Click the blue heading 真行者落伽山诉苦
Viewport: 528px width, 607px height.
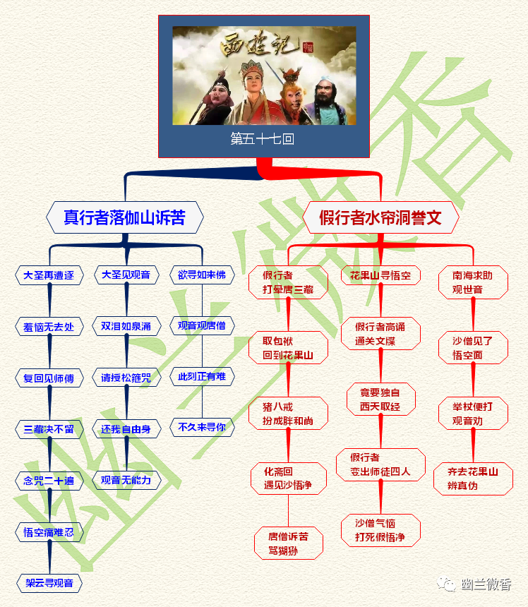[125, 217]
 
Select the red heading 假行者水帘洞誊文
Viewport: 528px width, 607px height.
[380, 217]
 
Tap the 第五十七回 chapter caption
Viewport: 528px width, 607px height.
[263, 139]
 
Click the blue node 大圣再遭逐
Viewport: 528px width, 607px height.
[49, 275]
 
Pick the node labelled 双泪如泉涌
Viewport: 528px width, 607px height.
[126, 327]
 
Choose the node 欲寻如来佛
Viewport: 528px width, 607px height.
[202, 275]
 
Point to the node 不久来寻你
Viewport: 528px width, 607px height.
[202, 427]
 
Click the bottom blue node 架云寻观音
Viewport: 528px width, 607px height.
[49, 583]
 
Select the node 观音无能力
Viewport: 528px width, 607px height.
[126, 480]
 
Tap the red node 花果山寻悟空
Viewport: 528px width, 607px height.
[380, 275]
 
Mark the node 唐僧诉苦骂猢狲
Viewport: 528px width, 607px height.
[288, 543]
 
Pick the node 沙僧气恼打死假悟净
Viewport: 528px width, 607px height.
[380, 530]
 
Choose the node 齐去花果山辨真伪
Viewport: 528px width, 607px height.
[473, 479]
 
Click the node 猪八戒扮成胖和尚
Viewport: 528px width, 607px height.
[288, 414]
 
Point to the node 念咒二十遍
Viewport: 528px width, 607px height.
[49, 481]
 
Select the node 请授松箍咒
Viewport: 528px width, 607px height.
[126, 378]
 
